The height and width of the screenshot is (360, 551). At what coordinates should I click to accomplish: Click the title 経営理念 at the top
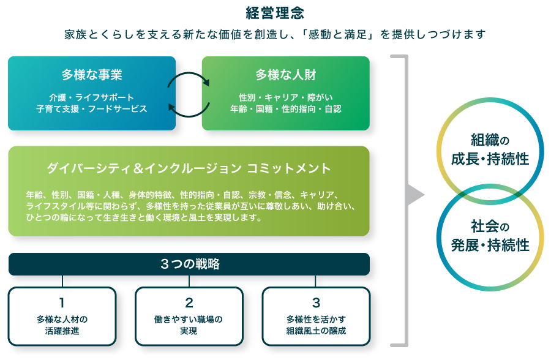click(x=275, y=13)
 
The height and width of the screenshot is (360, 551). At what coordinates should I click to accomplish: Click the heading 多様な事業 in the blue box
click(x=92, y=75)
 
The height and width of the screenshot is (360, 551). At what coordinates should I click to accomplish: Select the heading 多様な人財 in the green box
click(x=285, y=75)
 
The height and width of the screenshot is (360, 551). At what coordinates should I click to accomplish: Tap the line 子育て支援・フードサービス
click(x=92, y=108)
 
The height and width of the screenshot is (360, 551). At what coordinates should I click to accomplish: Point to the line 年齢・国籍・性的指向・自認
click(x=285, y=108)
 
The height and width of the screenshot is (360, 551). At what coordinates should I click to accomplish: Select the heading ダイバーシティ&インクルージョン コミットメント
click(x=189, y=168)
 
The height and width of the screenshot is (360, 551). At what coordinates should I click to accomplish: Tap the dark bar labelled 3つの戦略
click(x=189, y=264)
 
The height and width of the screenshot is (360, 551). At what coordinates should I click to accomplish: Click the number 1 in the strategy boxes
click(x=62, y=302)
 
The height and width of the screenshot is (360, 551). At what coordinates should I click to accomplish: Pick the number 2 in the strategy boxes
click(x=189, y=302)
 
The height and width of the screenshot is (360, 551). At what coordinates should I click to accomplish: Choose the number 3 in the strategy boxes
click(x=316, y=302)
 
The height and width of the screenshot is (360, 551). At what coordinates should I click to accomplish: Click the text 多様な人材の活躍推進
click(x=62, y=325)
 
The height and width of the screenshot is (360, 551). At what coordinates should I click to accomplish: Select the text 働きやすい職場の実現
click(x=189, y=325)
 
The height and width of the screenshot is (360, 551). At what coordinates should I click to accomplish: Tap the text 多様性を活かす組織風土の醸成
click(x=316, y=325)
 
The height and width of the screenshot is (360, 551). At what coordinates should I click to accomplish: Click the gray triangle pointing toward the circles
click(x=416, y=196)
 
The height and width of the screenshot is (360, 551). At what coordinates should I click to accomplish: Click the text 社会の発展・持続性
click(x=490, y=236)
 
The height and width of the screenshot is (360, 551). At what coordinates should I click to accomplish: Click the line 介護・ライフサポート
click(x=92, y=97)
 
